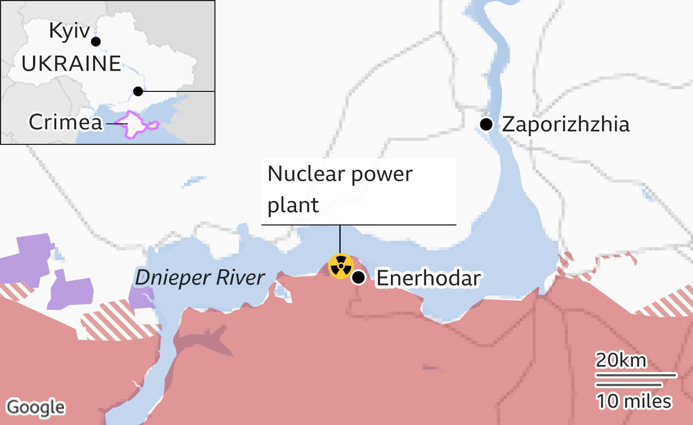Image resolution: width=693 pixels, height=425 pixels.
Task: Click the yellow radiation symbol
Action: click(x=341, y=266)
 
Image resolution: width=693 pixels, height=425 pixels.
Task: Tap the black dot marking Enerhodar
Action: click(x=358, y=278)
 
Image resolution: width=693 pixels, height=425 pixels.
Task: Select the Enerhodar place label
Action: click(x=428, y=278)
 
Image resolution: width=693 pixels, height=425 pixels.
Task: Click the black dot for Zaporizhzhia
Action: click(x=486, y=124)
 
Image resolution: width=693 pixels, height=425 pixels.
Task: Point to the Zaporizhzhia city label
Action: click(x=566, y=124)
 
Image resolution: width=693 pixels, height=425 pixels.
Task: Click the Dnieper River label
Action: click(x=200, y=277)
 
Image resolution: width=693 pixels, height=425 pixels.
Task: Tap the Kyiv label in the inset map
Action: click(x=69, y=31)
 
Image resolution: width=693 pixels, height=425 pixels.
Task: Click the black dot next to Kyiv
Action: click(x=96, y=42)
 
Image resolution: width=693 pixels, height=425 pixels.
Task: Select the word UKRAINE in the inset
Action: click(x=71, y=64)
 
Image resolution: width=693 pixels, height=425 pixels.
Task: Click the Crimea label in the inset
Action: click(x=66, y=122)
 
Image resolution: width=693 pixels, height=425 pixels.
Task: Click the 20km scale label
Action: click(x=621, y=360)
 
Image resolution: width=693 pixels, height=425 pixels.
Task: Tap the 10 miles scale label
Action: click(x=633, y=401)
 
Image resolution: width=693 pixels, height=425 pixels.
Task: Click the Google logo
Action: click(x=36, y=407)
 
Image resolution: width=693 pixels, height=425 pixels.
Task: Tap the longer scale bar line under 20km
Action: click(x=636, y=374)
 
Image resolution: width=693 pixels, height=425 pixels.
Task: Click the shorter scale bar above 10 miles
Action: click(x=629, y=384)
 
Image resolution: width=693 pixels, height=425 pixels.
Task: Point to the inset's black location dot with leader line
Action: click(x=138, y=91)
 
